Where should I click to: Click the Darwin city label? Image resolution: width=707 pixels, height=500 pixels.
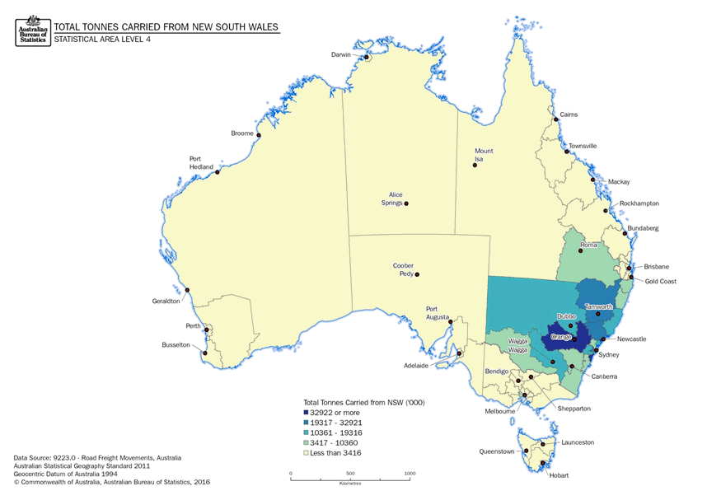click(x=340, y=54)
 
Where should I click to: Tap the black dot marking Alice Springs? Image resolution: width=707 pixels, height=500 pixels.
click(x=405, y=203)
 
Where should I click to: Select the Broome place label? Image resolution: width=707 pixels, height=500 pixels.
click(x=242, y=133)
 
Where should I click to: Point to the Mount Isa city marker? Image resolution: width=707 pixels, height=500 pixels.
click(x=475, y=166)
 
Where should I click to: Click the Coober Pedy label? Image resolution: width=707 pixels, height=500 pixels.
click(x=403, y=270)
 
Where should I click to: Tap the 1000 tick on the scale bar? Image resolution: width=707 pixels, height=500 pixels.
click(x=410, y=474)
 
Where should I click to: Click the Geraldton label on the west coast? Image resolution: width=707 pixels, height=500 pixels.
click(x=166, y=301)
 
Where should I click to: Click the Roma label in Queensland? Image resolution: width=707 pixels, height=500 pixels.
click(x=589, y=245)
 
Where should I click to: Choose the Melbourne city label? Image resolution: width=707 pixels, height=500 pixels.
click(x=500, y=411)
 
